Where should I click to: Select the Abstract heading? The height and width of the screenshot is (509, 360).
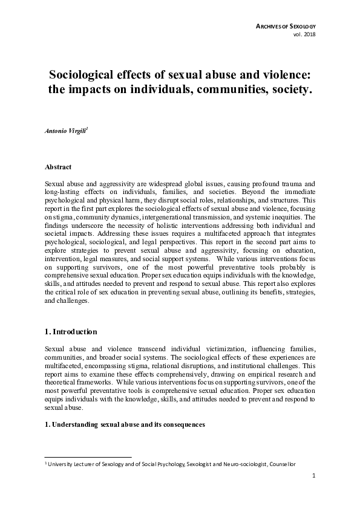point(58,166)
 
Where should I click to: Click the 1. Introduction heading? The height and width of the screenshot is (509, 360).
point(71,332)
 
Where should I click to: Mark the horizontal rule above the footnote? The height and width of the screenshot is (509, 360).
point(88,457)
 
